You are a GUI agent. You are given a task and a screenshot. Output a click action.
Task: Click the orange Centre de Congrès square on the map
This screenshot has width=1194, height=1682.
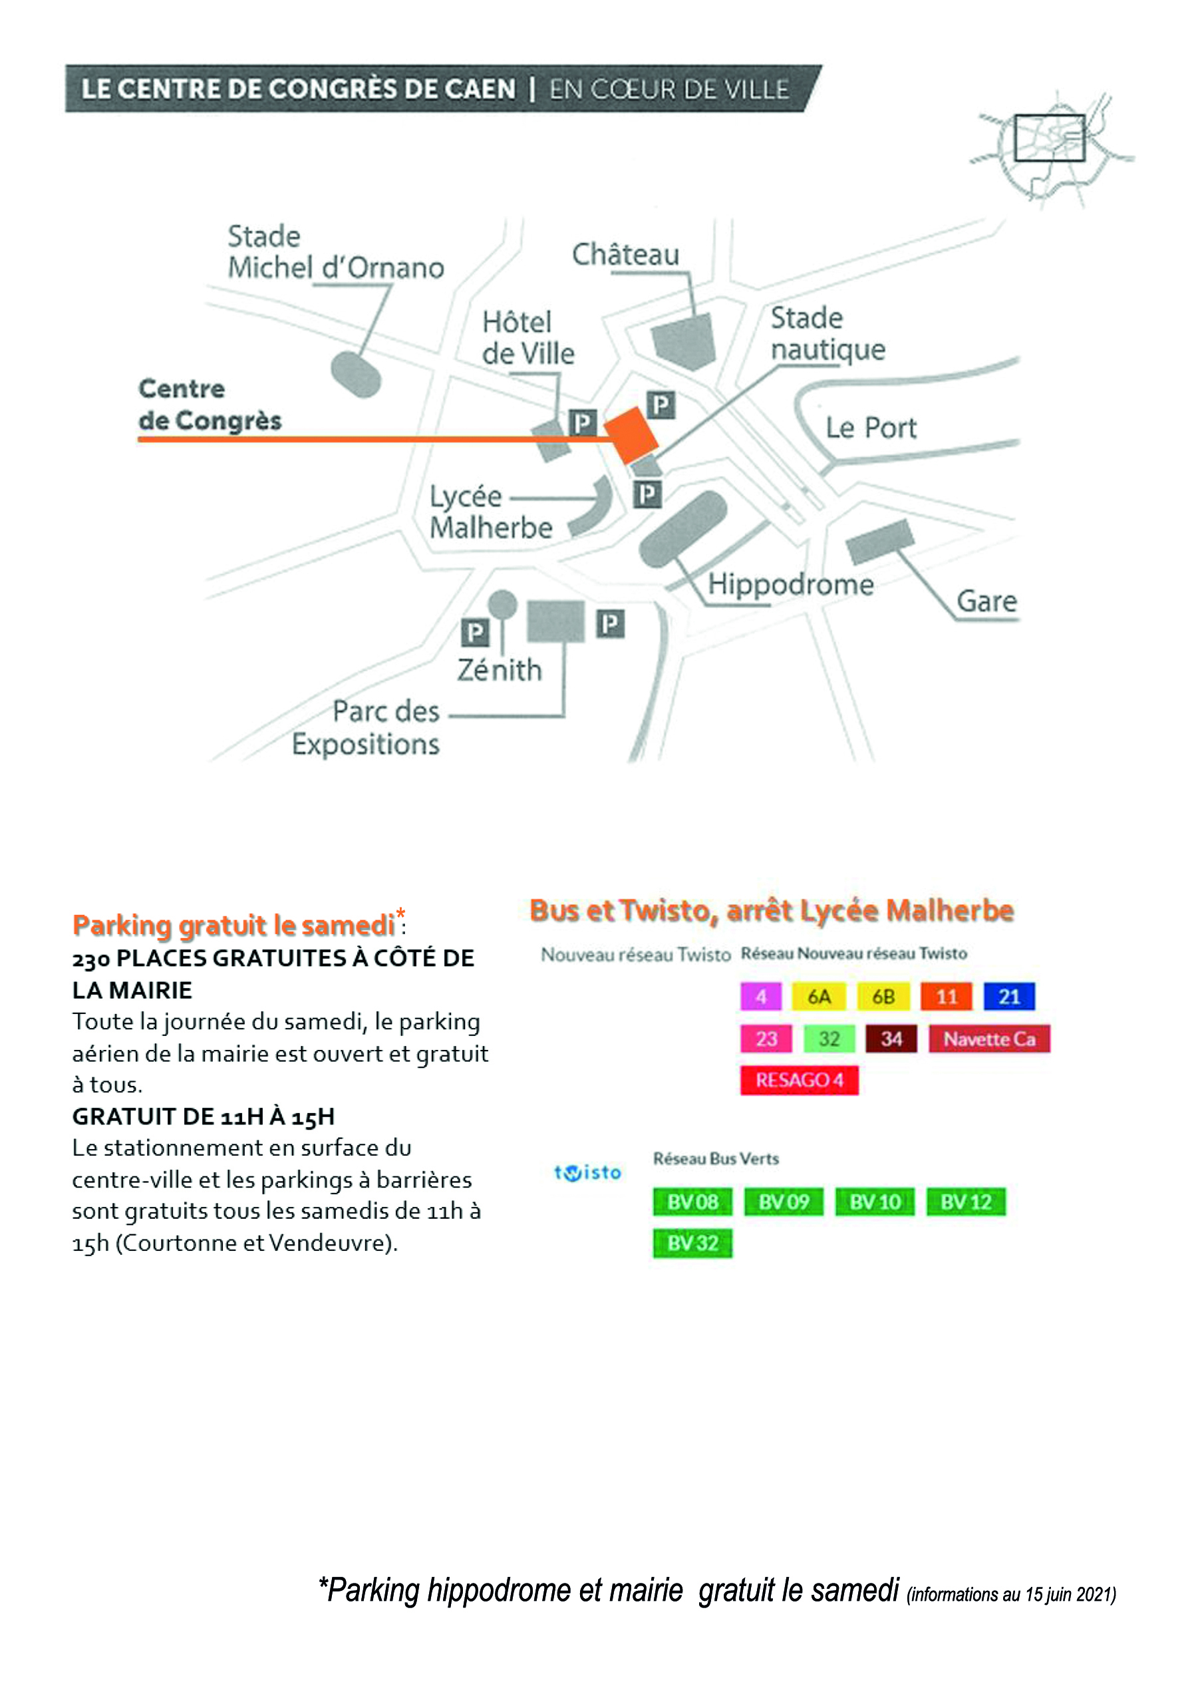631,435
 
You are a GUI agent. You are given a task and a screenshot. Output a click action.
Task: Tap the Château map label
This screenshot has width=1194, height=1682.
626,254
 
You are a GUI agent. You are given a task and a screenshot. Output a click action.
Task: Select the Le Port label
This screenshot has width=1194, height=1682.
871,427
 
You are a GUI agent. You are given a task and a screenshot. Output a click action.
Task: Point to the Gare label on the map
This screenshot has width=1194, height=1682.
986,601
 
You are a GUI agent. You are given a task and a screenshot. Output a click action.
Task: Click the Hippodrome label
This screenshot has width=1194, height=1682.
791,585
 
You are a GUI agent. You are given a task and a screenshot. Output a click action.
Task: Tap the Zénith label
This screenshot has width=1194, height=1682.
499,669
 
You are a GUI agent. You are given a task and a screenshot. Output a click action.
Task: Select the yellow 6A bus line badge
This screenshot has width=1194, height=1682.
819,997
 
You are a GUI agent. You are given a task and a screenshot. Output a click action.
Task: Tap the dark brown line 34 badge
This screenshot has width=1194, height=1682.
891,1039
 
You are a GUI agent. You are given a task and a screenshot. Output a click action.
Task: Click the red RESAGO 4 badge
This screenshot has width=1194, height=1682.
799,1080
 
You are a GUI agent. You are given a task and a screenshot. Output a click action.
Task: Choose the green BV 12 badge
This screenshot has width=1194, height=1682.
965,1202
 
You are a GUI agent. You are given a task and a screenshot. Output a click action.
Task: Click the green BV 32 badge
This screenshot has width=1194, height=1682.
692,1243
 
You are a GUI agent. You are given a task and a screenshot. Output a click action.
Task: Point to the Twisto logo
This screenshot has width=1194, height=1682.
587,1172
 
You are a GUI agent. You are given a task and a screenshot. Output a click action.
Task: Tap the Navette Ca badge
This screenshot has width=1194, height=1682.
989,1039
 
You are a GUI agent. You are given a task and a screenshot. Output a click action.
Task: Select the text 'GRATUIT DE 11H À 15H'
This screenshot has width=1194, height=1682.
204,1116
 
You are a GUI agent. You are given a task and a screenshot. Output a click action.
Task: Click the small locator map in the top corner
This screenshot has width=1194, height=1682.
1052,149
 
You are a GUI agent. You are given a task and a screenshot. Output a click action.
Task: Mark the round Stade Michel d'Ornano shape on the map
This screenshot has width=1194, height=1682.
356,375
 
